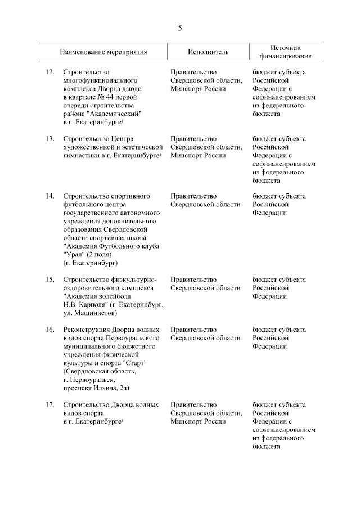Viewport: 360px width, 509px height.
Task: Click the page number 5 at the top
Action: click(x=180, y=27)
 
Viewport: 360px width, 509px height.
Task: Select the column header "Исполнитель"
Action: click(x=208, y=52)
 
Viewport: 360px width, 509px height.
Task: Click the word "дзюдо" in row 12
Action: click(x=138, y=89)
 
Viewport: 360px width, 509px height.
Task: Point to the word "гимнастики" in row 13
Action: click(x=80, y=156)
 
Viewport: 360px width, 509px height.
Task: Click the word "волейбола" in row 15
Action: click(x=116, y=296)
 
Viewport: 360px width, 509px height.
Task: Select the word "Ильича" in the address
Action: click(x=108, y=388)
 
